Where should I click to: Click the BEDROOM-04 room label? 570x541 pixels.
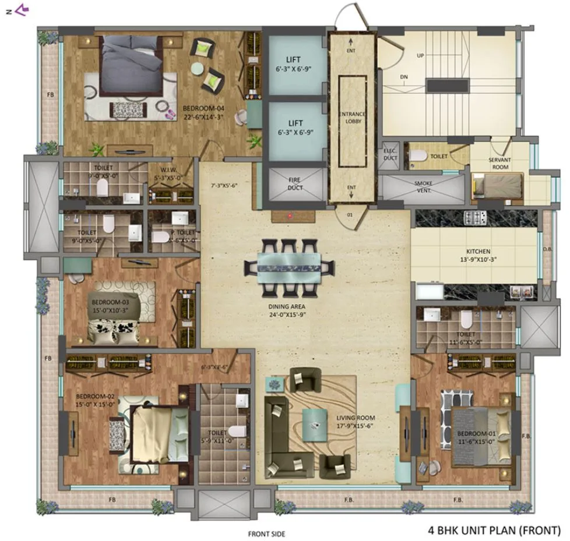click(203, 108)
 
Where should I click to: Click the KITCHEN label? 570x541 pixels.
click(474, 252)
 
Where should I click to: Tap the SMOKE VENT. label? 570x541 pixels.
click(423, 186)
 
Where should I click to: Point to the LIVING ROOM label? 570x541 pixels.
click(355, 418)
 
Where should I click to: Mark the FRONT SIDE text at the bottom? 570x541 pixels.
click(266, 533)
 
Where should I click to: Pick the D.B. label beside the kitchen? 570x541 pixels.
click(547, 249)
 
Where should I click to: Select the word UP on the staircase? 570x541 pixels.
click(420, 56)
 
